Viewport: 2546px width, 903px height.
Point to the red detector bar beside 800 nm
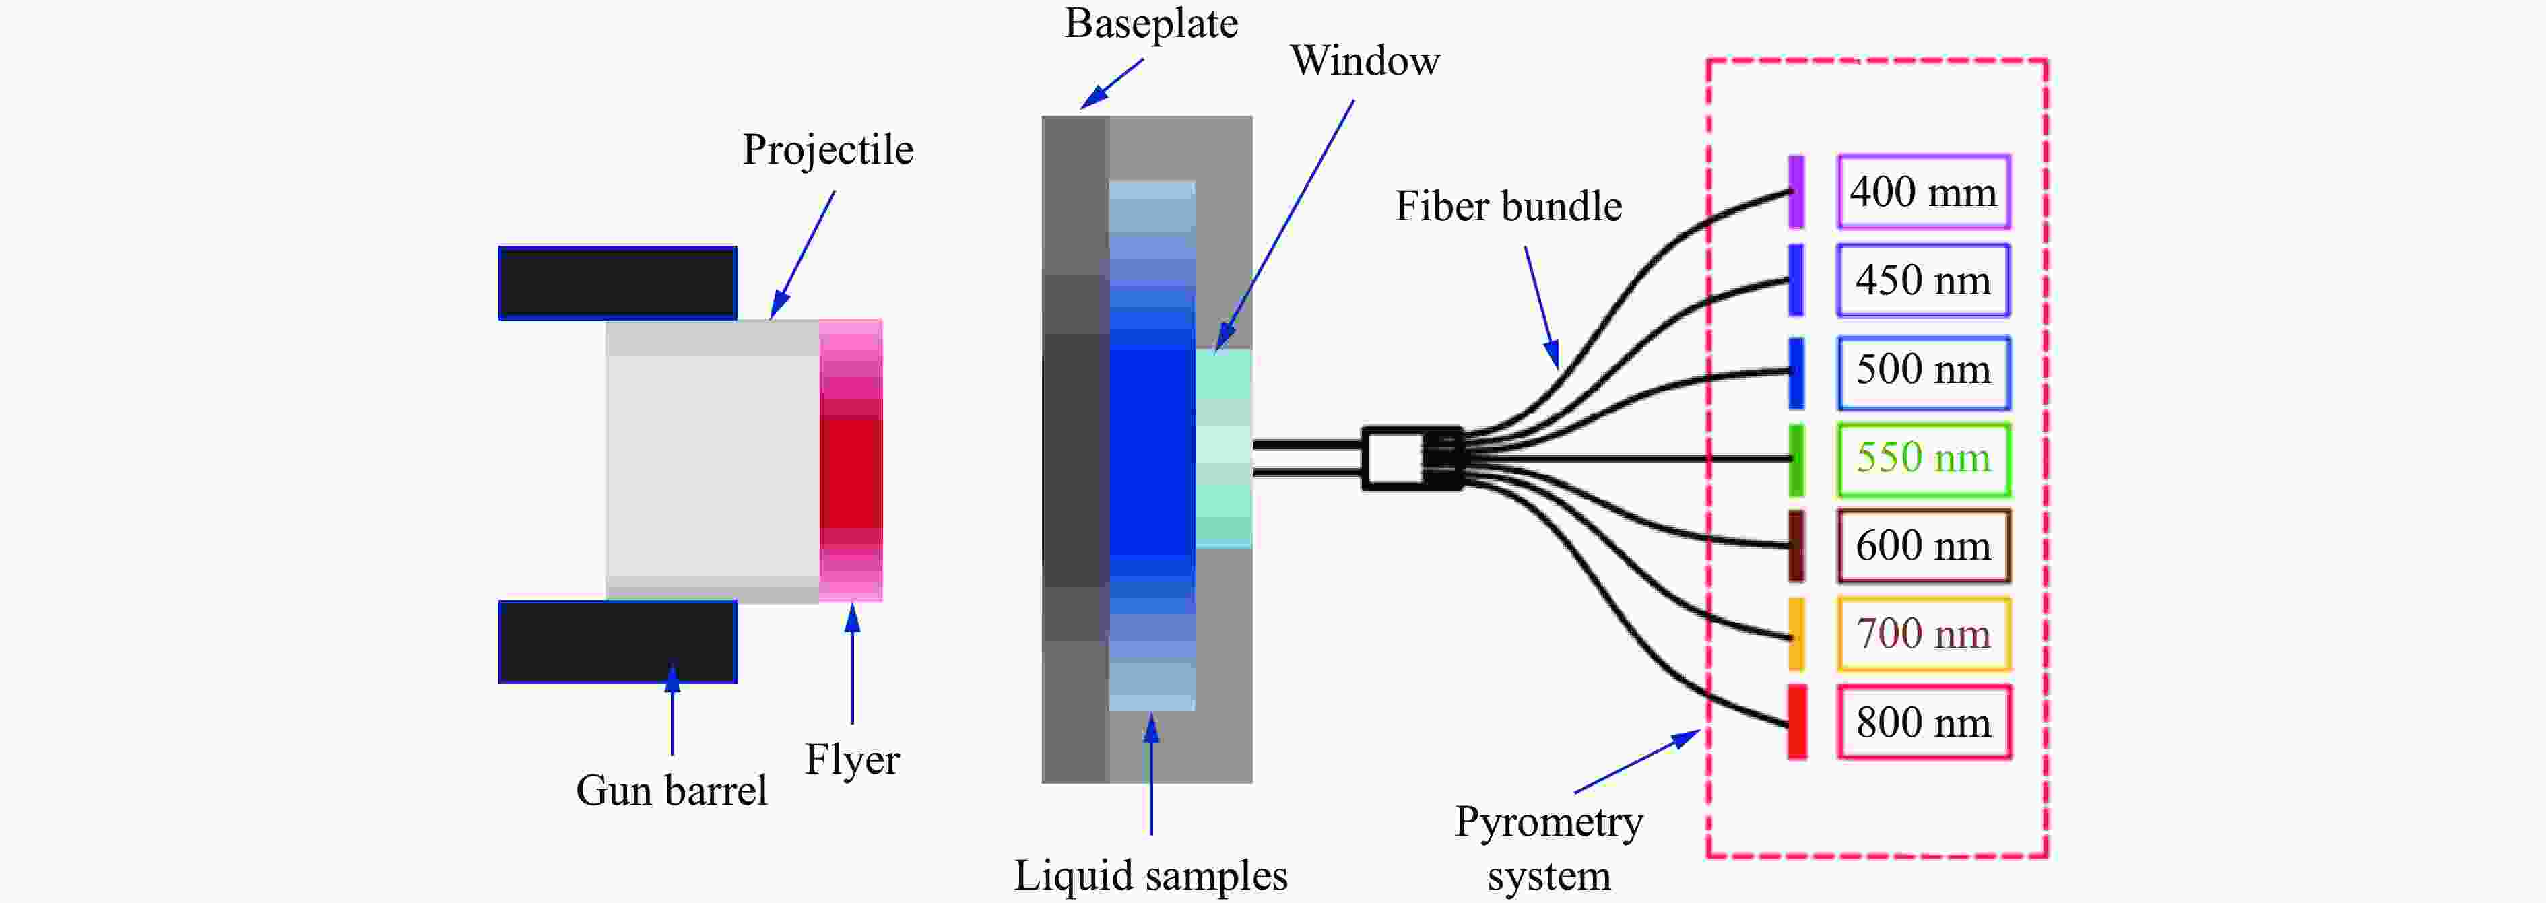click(x=1797, y=723)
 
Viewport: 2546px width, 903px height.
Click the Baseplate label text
click(x=1150, y=24)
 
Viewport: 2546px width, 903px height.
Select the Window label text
click(x=1364, y=61)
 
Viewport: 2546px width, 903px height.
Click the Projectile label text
click(x=827, y=150)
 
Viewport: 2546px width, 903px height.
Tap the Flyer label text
click(x=852, y=760)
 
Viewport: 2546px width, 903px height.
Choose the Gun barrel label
click(x=671, y=791)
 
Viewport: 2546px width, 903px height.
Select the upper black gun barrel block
click(x=618, y=283)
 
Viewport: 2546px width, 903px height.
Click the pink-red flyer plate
click(x=850, y=461)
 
